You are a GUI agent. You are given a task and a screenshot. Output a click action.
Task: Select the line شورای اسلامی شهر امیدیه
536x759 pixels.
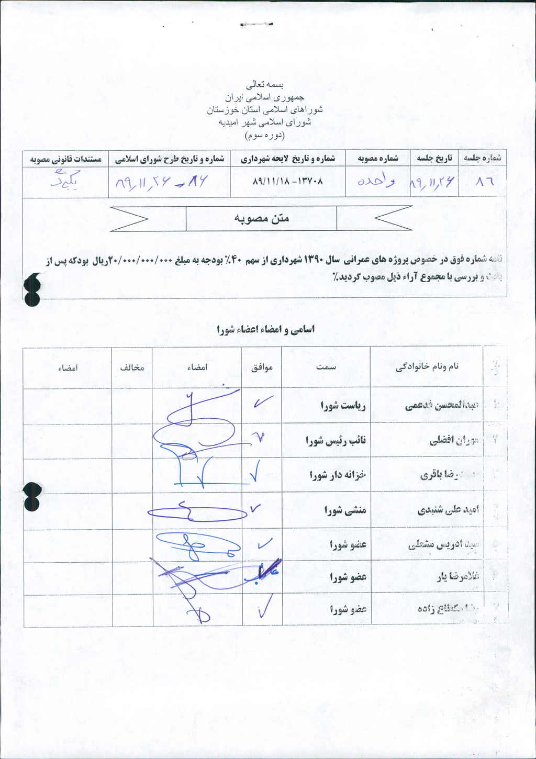[267, 122]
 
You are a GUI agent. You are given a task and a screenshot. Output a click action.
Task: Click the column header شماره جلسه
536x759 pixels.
[482, 158]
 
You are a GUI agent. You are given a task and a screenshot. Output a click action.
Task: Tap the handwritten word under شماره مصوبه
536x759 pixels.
[376, 181]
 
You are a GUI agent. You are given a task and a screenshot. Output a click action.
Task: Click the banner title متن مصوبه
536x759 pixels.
[261, 218]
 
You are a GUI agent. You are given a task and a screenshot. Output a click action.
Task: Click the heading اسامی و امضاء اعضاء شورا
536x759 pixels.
[265, 329]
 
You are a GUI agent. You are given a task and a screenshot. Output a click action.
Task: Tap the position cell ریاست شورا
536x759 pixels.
[343, 406]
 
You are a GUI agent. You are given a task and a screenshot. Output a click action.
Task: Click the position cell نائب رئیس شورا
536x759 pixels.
[336, 441]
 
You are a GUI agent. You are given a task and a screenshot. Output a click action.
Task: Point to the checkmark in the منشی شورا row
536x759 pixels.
[256, 508]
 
